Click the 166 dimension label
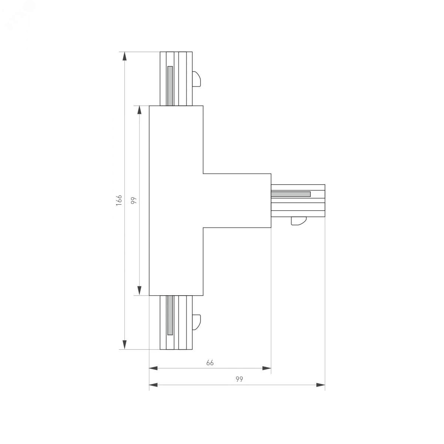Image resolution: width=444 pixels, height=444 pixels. pyautogui.click(x=119, y=201)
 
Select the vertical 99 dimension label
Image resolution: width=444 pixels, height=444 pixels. pyautogui.click(x=134, y=200)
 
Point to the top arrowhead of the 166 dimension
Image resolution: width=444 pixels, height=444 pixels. pyautogui.click(x=124, y=56)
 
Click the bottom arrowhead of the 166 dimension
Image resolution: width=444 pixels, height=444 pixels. pyautogui.click(x=124, y=345)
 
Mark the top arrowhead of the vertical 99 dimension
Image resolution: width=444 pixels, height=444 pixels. pyautogui.click(x=139, y=110)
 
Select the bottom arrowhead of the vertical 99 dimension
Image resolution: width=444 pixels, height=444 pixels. pyautogui.click(x=139, y=291)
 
